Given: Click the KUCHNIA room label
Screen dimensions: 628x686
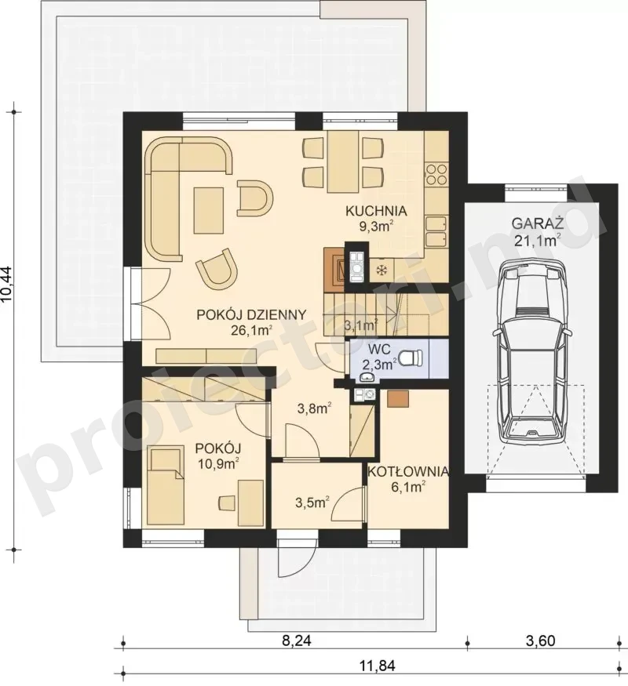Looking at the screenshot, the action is tap(376, 211).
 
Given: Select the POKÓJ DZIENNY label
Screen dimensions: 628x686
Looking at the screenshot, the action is tap(251, 314).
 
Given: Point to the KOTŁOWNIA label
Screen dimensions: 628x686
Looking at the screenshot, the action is tap(408, 472).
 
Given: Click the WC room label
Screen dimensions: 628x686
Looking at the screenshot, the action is tap(379, 350).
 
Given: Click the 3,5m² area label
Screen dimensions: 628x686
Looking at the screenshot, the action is tap(312, 503).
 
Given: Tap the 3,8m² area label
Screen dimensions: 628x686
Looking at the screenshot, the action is tap(314, 408).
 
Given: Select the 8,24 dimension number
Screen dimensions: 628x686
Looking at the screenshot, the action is tap(297, 641).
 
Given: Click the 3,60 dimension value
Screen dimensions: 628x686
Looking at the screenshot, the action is tap(540, 641).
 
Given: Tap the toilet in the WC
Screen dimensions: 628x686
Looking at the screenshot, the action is tap(412, 357).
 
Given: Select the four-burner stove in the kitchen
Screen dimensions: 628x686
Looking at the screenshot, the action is tap(436, 174).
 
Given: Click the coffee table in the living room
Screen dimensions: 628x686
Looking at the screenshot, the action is tap(209, 210).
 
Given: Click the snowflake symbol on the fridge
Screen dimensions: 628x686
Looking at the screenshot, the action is tap(382, 270).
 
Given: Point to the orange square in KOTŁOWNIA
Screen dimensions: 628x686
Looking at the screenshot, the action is tap(398, 398).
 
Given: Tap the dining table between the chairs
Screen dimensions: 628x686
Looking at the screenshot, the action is tap(343, 162).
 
